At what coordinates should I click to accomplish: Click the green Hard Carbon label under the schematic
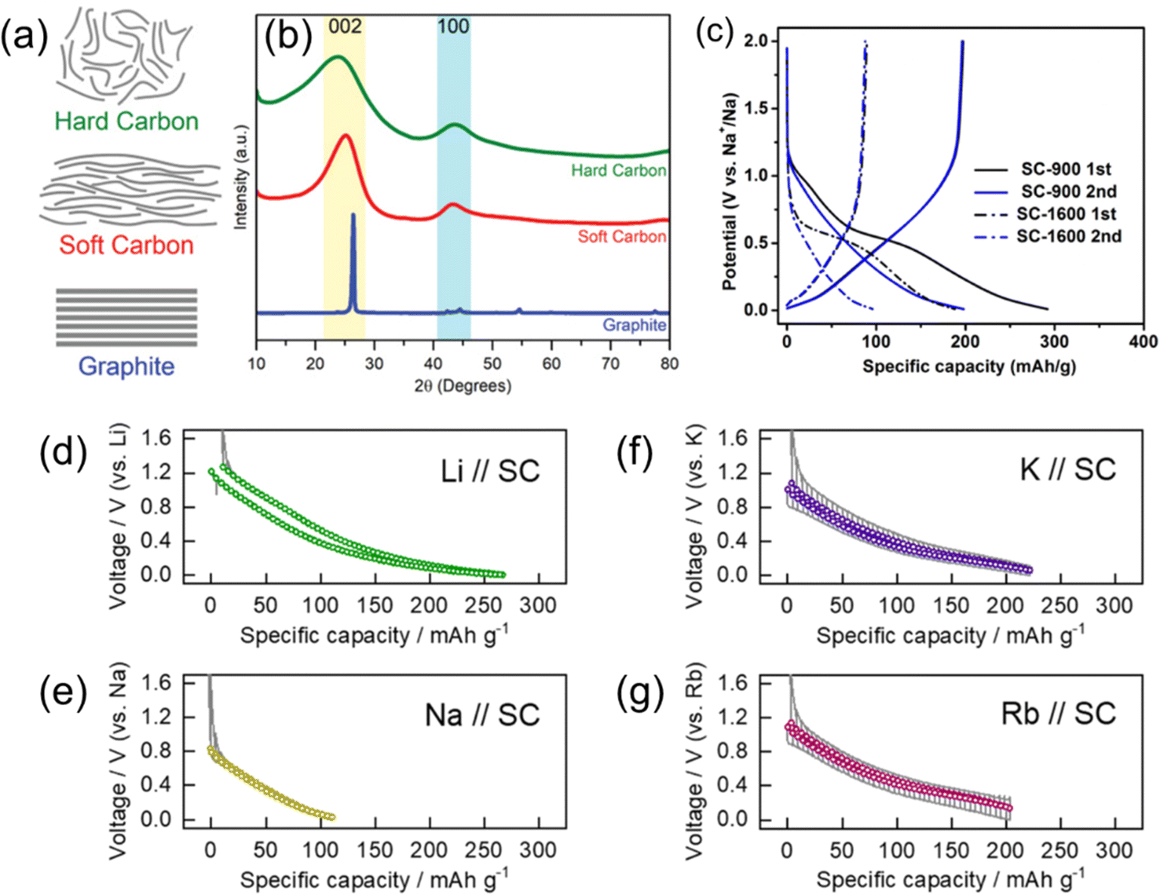click(x=127, y=121)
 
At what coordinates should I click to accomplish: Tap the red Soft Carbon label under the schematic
click(x=126, y=245)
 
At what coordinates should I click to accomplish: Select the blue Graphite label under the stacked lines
click(x=127, y=366)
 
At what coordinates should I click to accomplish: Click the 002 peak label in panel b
click(x=345, y=26)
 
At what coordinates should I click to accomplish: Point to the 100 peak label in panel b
click(x=453, y=26)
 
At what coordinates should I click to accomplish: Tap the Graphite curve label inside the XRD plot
click(x=634, y=325)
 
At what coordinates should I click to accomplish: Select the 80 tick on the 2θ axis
click(x=669, y=363)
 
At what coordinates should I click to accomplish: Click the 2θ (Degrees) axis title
click(x=463, y=385)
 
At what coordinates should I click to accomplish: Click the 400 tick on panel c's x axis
click(x=1143, y=341)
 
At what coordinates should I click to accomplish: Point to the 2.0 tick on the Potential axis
click(x=756, y=41)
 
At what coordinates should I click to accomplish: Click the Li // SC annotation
click(x=490, y=471)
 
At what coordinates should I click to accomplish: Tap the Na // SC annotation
click(x=483, y=714)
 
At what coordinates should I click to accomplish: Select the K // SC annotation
click(x=1068, y=470)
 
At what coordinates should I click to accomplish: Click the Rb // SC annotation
click(x=1059, y=714)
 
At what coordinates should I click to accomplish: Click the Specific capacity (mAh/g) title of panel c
click(x=969, y=367)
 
